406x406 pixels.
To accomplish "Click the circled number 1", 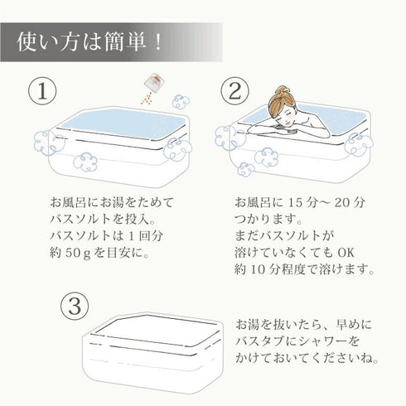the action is [42, 91].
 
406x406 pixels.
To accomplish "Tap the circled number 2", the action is [235, 91].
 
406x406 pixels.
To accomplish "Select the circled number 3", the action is [75, 307].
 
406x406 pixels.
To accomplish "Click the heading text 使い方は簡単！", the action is [89, 42].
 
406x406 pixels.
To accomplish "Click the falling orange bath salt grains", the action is [147, 99].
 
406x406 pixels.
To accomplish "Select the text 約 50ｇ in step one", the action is [70, 253].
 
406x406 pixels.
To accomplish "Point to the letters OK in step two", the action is [346, 253].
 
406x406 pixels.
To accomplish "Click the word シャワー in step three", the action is [321, 341].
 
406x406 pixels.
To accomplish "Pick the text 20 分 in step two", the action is [350, 203].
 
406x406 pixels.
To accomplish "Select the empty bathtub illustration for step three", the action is [152, 353].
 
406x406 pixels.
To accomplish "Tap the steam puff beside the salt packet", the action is [181, 102].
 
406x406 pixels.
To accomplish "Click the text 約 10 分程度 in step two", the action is [270, 269].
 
